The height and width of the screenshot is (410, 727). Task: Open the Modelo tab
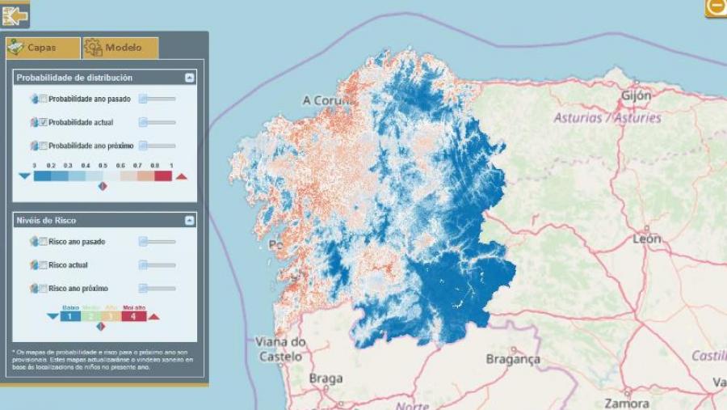[120, 48]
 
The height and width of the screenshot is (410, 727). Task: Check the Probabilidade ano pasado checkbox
[43, 99]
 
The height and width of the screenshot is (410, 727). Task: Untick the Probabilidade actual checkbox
[43, 122]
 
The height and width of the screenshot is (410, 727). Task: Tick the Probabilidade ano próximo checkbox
[43, 146]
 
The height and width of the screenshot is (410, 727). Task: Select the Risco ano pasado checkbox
[43, 241]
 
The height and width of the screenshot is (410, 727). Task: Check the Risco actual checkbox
[43, 264]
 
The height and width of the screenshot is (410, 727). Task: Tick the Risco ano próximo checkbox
[43, 288]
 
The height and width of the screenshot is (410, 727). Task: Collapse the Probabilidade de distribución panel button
[189, 78]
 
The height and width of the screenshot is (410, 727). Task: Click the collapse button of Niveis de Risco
[189, 220]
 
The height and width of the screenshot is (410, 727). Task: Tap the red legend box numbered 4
[134, 316]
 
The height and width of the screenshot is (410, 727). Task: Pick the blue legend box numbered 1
[70, 316]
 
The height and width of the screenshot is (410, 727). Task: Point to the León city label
[647, 239]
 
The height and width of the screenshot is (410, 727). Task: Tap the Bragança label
[512, 358]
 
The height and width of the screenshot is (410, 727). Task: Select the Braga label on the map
[325, 378]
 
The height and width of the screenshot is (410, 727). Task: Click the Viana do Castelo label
[280, 349]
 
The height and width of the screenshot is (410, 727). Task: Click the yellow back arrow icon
[15, 14]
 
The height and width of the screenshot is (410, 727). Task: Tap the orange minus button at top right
[716, 7]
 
